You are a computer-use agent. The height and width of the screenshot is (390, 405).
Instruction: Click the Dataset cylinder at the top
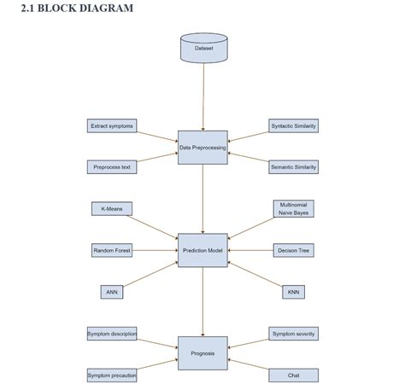coord(203,48)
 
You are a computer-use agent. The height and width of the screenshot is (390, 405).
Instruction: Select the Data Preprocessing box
coord(202,148)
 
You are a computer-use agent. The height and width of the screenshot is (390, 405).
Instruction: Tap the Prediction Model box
coord(202,250)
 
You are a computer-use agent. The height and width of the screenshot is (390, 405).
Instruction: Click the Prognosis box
coord(202,353)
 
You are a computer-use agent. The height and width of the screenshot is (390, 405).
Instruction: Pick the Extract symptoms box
coord(112,126)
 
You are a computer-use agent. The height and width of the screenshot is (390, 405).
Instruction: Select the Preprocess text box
coord(112,167)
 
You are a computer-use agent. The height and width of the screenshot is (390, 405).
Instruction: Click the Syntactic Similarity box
coord(293,126)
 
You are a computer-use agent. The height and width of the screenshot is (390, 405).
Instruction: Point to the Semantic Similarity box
coord(293,167)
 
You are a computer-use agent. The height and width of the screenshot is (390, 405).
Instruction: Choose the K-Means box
coord(112,208)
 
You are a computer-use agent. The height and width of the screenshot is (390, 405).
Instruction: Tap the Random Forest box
coord(112,250)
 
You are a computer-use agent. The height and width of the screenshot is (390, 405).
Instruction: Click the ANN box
coord(112,292)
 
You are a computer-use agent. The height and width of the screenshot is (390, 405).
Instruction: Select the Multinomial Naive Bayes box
coord(294,208)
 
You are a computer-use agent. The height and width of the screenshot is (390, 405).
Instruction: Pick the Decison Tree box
coord(294,250)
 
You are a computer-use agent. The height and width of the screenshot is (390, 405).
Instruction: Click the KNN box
coord(294,292)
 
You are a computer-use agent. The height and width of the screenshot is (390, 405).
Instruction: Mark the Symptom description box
coord(112,334)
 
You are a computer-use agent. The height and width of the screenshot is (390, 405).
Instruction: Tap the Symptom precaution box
coord(112,375)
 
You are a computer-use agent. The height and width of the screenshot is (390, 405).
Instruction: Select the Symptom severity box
coord(294,334)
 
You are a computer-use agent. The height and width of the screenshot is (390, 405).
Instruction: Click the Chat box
coord(294,375)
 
